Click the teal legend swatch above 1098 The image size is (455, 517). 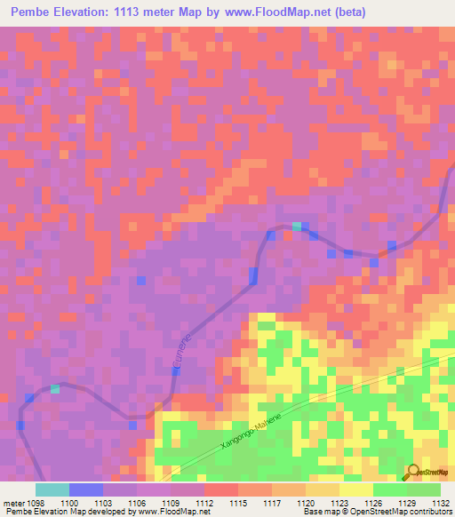coord(52,489)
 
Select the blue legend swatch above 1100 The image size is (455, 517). coord(86,489)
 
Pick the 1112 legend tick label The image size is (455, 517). coord(204,503)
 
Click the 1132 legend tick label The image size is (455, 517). coord(440,503)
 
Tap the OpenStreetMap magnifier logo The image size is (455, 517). coord(412,472)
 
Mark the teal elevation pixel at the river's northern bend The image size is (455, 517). coord(297,226)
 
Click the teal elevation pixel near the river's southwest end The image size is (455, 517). coord(55,388)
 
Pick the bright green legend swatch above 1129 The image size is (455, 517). coord(389,489)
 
